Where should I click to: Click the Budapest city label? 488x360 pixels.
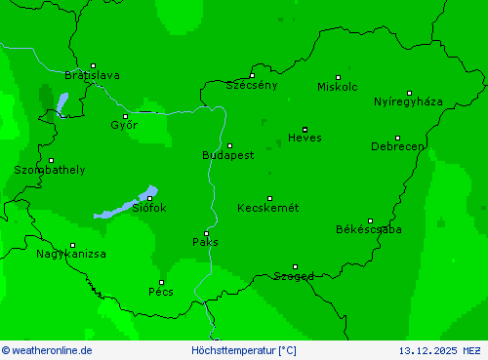coord(227,155)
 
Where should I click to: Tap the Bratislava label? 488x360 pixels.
coord(92,75)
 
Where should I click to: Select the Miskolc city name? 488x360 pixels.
coord(338,87)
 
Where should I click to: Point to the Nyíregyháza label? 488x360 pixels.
coord(408,101)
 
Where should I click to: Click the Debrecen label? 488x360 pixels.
coord(397,146)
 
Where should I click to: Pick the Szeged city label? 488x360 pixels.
coord(294,276)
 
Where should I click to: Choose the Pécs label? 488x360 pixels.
coord(161,291)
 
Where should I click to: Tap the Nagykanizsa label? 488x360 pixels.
coord(71,254)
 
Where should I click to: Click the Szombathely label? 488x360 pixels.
coord(49,170)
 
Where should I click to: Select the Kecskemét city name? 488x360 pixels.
coord(267,208)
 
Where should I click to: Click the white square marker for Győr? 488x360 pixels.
coord(125,116)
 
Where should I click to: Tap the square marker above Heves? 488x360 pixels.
coord(305,129)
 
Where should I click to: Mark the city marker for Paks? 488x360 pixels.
coord(206,233)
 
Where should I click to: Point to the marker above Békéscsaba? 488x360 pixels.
coord(370,220)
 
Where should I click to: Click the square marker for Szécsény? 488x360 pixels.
coord(252,75)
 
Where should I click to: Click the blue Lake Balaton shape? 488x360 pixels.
coord(127,205)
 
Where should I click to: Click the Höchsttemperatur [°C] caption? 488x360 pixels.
coord(243,350)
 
